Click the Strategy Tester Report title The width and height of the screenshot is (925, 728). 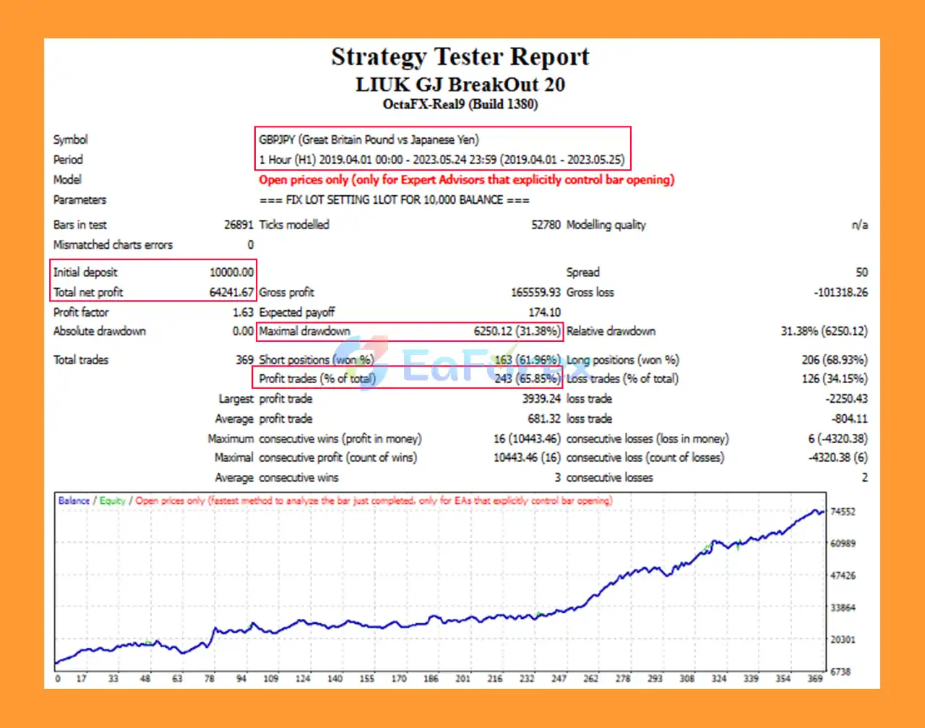click(x=460, y=56)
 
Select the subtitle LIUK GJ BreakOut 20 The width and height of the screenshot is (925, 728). click(x=460, y=85)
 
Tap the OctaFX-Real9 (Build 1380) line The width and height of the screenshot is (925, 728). click(x=460, y=104)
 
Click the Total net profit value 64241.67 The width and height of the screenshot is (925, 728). click(x=231, y=292)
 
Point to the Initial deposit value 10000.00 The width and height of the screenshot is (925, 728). click(x=231, y=273)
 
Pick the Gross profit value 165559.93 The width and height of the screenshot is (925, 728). click(x=535, y=292)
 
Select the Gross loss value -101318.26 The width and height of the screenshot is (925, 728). click(x=840, y=292)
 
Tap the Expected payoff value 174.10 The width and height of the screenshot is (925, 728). click(x=544, y=312)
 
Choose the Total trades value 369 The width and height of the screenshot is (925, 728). click(x=244, y=359)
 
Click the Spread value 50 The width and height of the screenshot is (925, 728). click(x=861, y=273)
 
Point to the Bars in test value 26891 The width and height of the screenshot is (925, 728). click(x=238, y=225)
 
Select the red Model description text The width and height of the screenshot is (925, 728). click(x=466, y=179)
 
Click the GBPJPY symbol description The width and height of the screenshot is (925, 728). click(x=369, y=140)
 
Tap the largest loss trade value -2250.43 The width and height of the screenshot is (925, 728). click(x=846, y=398)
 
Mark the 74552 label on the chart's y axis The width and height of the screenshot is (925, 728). click(x=843, y=512)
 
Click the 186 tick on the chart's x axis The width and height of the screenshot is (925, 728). click(x=431, y=679)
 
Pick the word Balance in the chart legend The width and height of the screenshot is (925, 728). click(x=74, y=500)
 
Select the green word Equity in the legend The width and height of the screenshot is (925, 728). click(x=112, y=500)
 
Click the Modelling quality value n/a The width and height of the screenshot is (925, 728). click(x=859, y=225)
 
